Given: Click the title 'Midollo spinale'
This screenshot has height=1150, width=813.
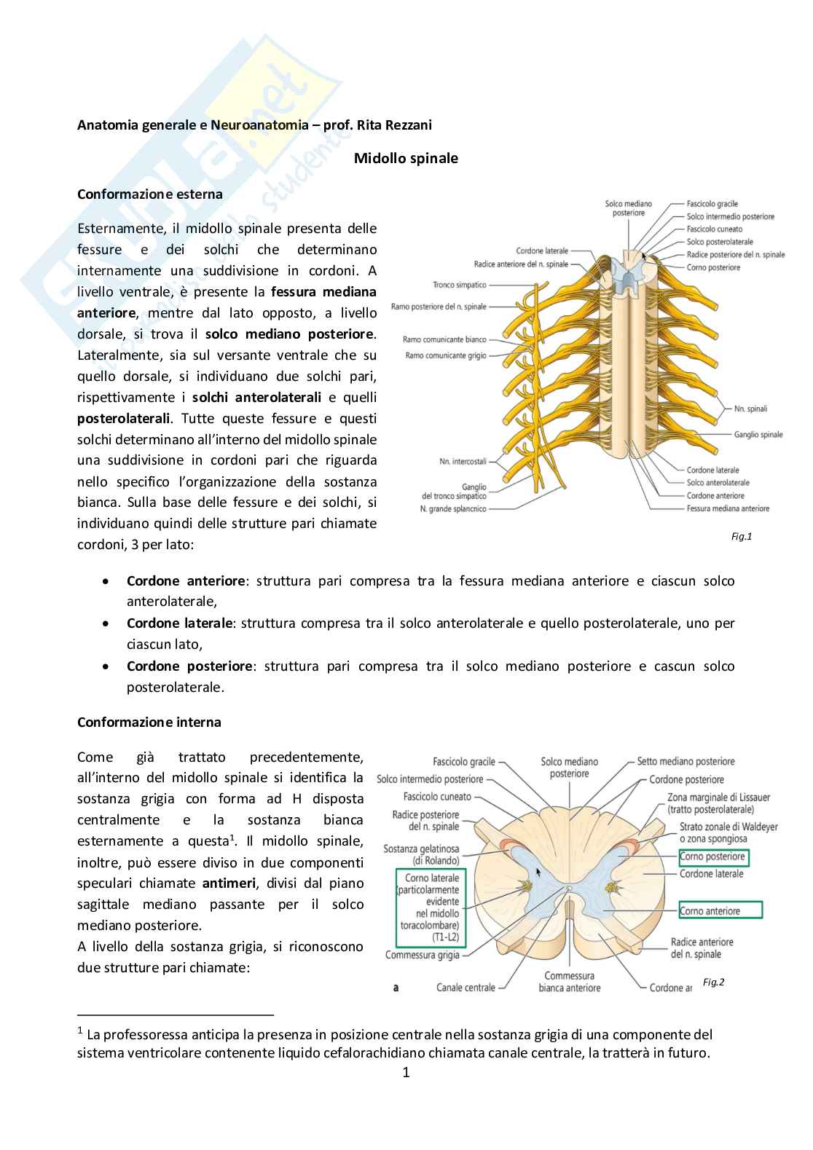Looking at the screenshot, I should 406,158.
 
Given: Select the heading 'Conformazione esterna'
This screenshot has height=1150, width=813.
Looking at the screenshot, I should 150,194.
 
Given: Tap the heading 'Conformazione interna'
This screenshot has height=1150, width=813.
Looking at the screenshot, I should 149,722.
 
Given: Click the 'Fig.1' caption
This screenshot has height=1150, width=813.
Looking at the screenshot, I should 741,537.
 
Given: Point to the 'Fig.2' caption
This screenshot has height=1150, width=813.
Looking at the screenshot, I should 713,982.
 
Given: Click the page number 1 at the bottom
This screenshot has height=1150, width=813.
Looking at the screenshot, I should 406,1072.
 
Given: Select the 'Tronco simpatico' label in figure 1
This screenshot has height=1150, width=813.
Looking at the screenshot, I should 459,285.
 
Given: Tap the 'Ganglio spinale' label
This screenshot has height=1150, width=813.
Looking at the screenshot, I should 758,435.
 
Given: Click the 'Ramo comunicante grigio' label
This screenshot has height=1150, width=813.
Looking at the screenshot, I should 446,355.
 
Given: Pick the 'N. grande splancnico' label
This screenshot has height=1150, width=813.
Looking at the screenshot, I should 452,508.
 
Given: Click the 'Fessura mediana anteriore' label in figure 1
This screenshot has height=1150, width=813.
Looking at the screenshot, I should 728,508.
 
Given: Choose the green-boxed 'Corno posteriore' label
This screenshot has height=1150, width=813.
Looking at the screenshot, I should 712,856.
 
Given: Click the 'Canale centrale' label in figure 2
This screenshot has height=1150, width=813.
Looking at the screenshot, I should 466,988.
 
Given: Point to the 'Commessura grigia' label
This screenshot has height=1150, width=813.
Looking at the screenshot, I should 422,955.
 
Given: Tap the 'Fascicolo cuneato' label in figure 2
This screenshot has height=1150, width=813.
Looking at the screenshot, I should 437,797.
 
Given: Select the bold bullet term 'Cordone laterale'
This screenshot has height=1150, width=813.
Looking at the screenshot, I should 179,623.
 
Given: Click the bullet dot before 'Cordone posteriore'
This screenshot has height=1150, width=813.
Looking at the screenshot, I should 107,666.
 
